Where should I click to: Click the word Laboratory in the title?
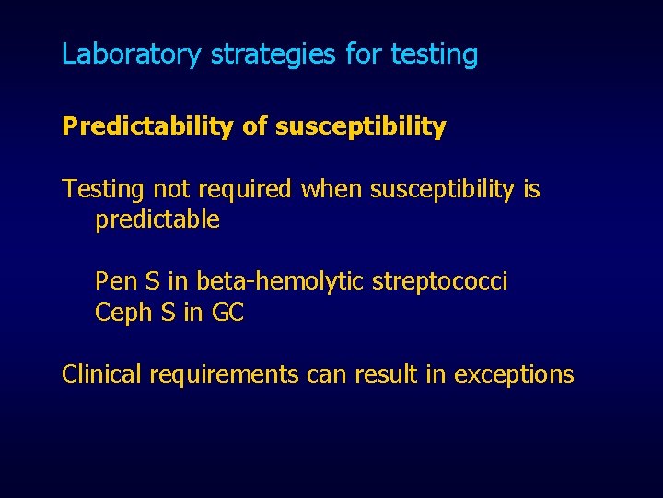pyautogui.click(x=130, y=54)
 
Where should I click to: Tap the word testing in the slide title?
pyautogui.click(x=434, y=54)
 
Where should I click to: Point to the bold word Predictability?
pyautogui.click(x=146, y=127)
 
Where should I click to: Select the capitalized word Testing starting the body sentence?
pyautogui.click(x=103, y=190)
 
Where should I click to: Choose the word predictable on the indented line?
pyautogui.click(x=157, y=220)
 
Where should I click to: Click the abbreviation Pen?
pyautogui.click(x=115, y=281)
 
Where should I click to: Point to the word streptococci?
pyautogui.click(x=439, y=281)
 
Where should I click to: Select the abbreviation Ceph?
pyautogui.click(x=122, y=314)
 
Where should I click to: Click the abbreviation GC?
pyautogui.click(x=227, y=314)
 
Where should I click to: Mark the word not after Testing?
pyautogui.click(x=170, y=190)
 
